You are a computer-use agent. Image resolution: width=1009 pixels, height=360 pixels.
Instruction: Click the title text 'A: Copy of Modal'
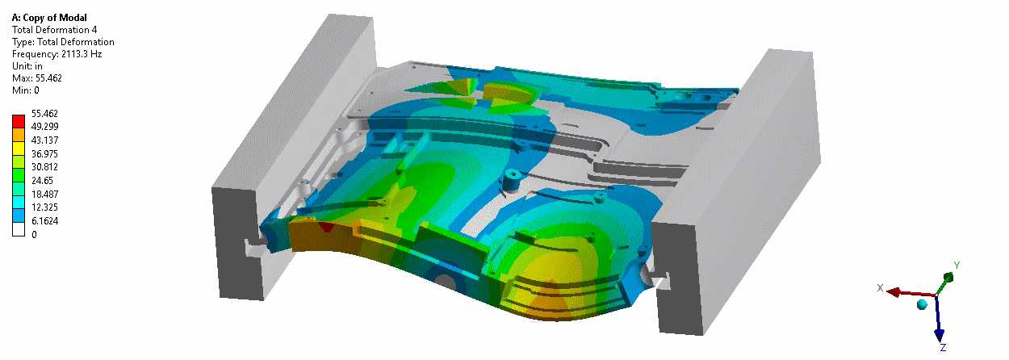[49, 18]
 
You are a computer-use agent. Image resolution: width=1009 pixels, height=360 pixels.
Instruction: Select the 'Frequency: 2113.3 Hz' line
[57, 54]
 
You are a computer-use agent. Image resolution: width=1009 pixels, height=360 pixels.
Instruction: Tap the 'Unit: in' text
[27, 66]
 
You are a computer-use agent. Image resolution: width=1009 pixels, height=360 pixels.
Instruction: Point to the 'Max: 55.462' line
[36, 78]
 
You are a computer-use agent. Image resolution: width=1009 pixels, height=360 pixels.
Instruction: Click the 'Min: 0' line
[25, 90]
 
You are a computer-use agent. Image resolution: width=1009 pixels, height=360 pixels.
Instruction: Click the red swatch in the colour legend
[19, 122]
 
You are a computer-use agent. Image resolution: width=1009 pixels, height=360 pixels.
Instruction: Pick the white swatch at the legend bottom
[19, 230]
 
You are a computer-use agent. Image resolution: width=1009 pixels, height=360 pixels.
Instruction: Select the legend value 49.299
[44, 127]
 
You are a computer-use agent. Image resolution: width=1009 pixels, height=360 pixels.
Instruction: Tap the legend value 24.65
[42, 181]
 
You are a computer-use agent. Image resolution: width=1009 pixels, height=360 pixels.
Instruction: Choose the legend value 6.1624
[44, 221]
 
